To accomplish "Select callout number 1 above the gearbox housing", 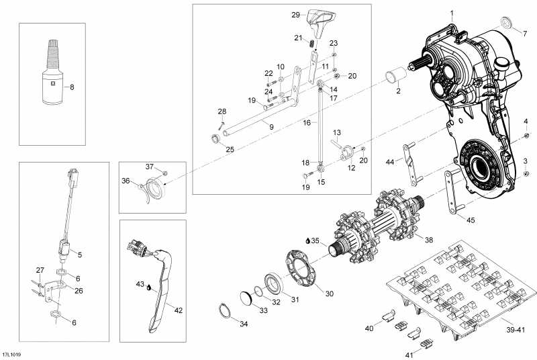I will (452, 13).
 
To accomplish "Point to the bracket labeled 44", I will (410, 165).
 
